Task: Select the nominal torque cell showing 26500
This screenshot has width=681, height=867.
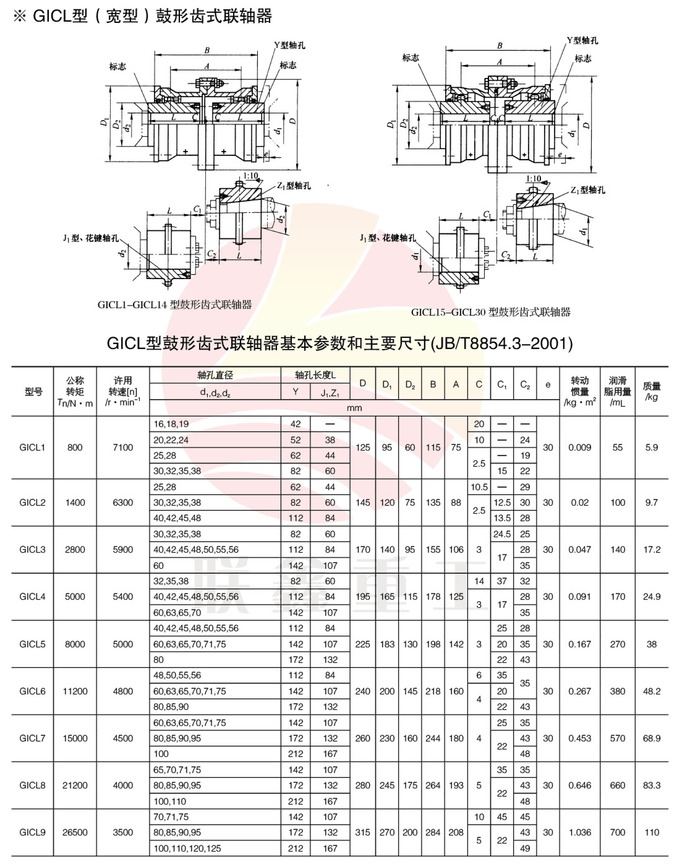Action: click(75, 832)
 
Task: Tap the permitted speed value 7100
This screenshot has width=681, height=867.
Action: click(123, 447)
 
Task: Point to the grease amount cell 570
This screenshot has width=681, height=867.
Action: click(617, 738)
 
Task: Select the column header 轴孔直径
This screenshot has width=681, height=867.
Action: click(215, 375)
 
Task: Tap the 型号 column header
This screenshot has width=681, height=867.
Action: click(33, 392)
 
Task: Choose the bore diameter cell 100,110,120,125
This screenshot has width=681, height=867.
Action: click(187, 848)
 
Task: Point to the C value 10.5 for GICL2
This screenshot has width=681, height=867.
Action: click(479, 487)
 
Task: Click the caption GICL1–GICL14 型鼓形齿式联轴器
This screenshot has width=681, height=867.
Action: click(175, 305)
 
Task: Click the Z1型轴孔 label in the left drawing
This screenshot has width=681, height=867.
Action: click(294, 186)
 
